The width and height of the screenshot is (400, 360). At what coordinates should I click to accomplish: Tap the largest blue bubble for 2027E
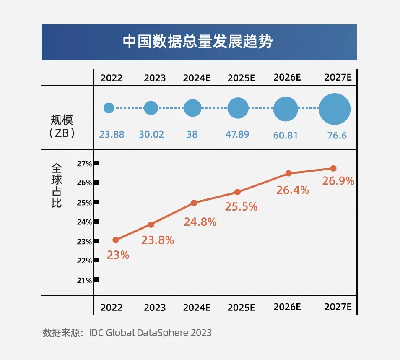coord(335,109)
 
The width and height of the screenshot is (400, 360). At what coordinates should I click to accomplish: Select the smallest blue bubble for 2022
coord(109,108)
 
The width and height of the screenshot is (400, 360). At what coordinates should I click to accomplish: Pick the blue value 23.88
coord(112,135)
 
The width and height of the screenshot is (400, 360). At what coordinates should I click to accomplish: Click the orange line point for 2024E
coord(194,203)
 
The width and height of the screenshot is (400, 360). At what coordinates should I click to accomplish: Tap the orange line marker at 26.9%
coord(333,168)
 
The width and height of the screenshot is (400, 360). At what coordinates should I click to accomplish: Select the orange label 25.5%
coord(241,206)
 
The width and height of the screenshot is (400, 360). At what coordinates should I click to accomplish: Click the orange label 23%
coord(118,255)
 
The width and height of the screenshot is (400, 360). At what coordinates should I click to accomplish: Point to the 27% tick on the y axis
coord(84,163)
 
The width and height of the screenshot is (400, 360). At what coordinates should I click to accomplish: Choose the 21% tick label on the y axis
coord(84,280)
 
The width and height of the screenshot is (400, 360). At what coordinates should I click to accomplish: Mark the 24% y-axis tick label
coord(84,222)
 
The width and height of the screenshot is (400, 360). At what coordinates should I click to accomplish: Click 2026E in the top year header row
coord(287,78)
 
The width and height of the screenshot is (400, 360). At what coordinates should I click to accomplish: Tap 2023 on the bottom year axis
coord(155,308)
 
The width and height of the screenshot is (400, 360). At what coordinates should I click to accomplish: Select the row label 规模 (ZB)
coord(62,127)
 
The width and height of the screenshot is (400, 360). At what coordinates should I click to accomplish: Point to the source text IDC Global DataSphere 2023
coord(151,333)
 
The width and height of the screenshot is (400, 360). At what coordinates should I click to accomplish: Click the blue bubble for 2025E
coord(238,108)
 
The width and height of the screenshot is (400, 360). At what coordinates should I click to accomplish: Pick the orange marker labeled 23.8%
coord(151,224)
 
